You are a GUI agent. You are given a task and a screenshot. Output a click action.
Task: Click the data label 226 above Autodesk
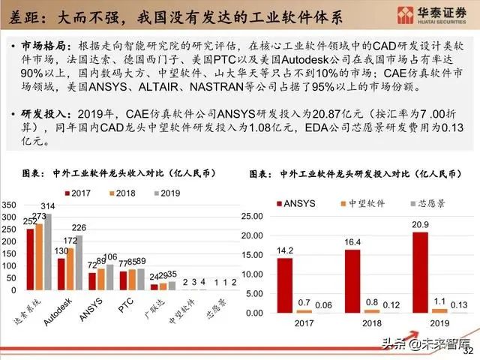[x=79, y=227]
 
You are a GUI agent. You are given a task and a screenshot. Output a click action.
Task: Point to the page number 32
[x=469, y=350]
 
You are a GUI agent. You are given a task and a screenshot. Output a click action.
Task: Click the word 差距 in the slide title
[x=19, y=15]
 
